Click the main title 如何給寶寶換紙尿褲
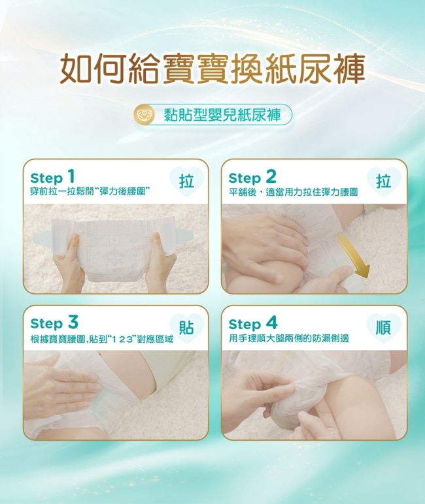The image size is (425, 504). click(x=212, y=68)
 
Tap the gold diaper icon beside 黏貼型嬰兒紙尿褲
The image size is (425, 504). click(x=142, y=115)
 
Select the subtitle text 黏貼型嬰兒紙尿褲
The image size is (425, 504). click(x=222, y=115)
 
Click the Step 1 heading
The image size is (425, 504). click(x=52, y=177)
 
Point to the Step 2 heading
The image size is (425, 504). click(x=252, y=177)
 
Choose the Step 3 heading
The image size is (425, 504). click(x=54, y=323)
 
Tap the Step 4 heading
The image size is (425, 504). click(x=253, y=323)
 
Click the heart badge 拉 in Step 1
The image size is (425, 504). click(x=187, y=181)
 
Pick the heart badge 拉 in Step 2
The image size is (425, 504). click(x=384, y=181)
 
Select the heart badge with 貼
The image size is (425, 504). click(x=187, y=328)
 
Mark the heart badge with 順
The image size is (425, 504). click(x=384, y=328)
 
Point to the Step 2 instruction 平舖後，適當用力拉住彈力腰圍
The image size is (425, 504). click(x=293, y=192)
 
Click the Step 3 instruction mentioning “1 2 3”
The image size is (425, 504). click(x=101, y=339)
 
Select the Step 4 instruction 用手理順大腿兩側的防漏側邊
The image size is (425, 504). click(x=289, y=339)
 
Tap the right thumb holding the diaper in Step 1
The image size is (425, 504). click(x=158, y=244)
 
